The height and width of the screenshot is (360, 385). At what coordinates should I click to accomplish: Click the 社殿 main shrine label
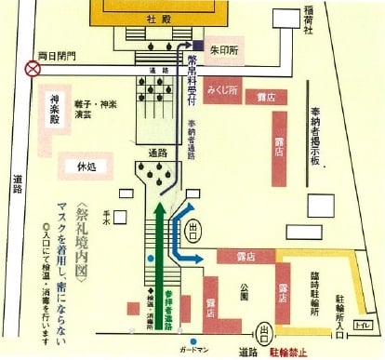169,19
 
